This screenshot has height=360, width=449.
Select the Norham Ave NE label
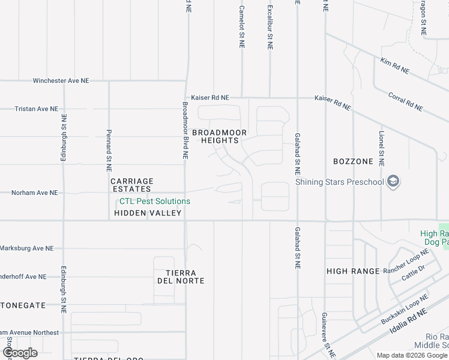pos(34,193)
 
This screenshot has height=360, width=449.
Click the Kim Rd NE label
pos(394,66)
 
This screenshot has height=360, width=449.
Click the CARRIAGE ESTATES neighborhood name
pos(132,185)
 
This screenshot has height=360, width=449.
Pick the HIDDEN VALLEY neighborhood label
pos(147,213)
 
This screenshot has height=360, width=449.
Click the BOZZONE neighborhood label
pos(353,161)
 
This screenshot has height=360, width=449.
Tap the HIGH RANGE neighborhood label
pos(353,271)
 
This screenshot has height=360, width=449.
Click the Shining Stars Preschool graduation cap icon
pos(393,182)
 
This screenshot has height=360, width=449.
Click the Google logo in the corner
pos(20,353)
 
